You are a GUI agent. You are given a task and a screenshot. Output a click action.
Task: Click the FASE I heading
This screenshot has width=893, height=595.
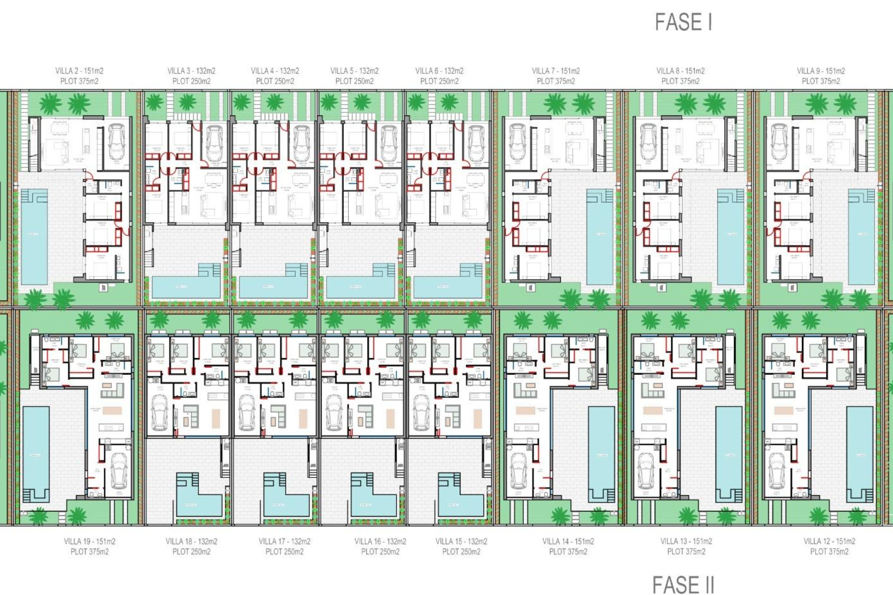coord(683,22)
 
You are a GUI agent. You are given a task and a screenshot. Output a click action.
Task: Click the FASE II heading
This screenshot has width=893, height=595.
coord(683,584)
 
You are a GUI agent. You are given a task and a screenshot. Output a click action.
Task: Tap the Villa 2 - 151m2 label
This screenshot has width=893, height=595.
coord(79,71)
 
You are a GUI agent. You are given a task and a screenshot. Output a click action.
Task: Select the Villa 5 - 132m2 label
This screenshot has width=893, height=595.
coord(354,71)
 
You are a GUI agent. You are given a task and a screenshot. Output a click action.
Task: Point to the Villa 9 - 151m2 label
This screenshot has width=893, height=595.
coord(821,71)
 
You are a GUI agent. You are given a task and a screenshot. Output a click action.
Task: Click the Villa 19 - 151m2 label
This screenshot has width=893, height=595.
coord(89,541)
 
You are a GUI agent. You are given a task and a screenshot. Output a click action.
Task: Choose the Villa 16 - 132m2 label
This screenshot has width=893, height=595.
coord(380,541)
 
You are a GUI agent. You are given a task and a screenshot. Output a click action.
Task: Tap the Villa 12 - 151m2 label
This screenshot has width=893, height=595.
coord(829,541)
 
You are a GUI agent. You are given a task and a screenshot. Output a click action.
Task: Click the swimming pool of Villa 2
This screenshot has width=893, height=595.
coord(34,237)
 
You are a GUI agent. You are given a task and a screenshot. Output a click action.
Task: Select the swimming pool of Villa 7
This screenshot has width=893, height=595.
coord(600,237)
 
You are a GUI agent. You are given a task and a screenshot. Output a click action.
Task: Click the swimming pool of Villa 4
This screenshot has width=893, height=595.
coord(274,286)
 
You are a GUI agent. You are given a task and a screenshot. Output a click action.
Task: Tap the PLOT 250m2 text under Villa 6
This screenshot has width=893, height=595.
coord(439,81)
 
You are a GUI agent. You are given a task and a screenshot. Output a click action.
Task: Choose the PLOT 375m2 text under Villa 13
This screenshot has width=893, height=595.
coord(686,552)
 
